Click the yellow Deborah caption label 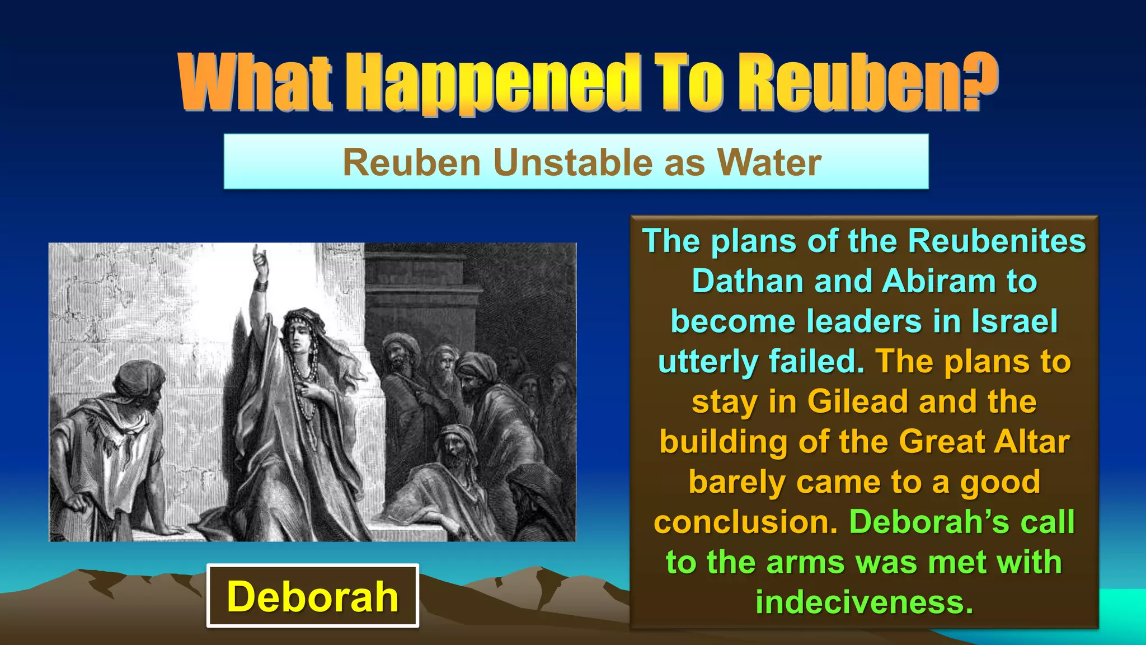pos(313,596)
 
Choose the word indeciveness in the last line pos(865,602)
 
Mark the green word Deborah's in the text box pos(929,522)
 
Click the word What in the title pos(255,84)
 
